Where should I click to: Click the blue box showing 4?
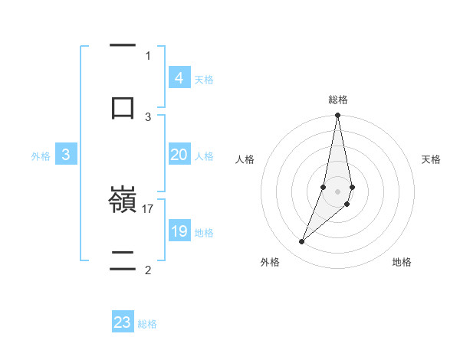click(x=179, y=78)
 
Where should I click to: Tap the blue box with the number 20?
click(x=179, y=155)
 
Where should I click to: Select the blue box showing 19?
click(x=179, y=231)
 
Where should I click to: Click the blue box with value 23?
click(x=123, y=322)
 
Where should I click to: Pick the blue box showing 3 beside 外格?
click(x=66, y=155)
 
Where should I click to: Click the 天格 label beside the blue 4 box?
click(x=204, y=80)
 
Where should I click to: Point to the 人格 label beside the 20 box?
click(x=204, y=156)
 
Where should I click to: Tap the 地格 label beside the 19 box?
click(x=204, y=233)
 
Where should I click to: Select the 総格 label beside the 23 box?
click(x=147, y=324)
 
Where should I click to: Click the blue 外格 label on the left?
click(x=41, y=156)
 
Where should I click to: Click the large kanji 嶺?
click(x=123, y=201)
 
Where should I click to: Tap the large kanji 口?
click(x=123, y=106)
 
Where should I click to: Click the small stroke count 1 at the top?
click(x=148, y=55)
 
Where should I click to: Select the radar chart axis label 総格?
click(x=338, y=100)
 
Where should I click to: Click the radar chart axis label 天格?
click(x=432, y=159)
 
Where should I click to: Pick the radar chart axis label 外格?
click(x=270, y=262)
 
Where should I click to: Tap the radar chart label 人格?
click(x=245, y=159)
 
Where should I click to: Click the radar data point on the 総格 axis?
click(x=337, y=116)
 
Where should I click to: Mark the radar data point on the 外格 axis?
click(x=301, y=242)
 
